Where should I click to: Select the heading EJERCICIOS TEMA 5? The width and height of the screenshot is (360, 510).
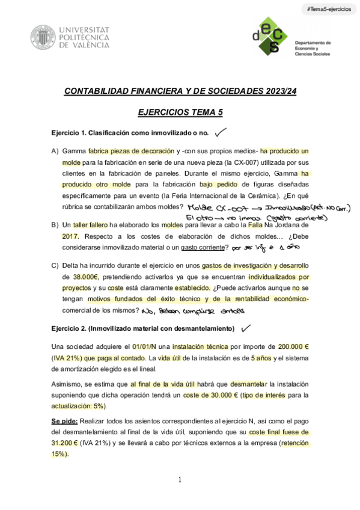pos(180,111)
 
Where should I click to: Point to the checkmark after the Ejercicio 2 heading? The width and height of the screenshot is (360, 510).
pos(246,328)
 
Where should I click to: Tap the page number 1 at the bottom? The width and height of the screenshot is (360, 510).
pos(180,479)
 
